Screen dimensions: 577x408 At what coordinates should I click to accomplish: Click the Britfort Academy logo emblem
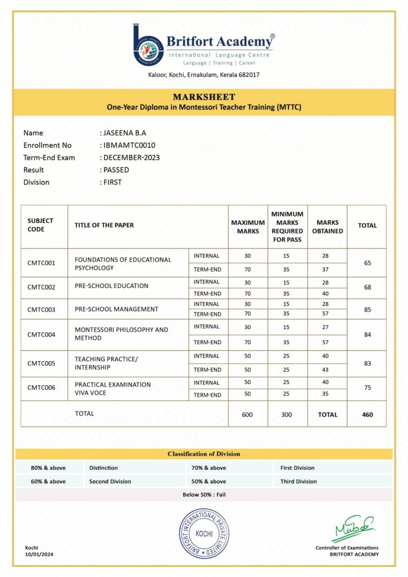tap(148, 45)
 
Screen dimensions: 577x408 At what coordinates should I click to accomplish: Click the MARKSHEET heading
tap(204, 97)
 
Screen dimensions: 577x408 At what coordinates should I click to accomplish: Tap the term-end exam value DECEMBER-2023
tap(131, 158)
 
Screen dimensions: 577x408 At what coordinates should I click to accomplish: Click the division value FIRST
tap(112, 183)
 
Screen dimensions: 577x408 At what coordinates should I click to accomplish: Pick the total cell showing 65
tap(367, 263)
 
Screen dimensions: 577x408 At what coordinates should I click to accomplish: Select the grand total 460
tap(367, 415)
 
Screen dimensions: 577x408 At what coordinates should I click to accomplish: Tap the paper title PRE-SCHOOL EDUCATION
tap(112, 286)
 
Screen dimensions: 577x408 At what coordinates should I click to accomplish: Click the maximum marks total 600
tap(248, 415)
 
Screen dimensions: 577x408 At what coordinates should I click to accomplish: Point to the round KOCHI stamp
tap(203, 533)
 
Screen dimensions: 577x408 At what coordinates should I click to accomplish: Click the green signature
tap(353, 529)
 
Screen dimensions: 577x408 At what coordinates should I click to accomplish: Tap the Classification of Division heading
tap(204, 454)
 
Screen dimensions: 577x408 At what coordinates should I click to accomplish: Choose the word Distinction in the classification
tap(104, 468)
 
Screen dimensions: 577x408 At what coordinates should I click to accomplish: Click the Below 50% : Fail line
tap(204, 495)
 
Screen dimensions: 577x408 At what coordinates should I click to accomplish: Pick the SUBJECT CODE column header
tap(41, 225)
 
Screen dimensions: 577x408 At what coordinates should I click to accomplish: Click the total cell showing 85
tap(367, 309)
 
